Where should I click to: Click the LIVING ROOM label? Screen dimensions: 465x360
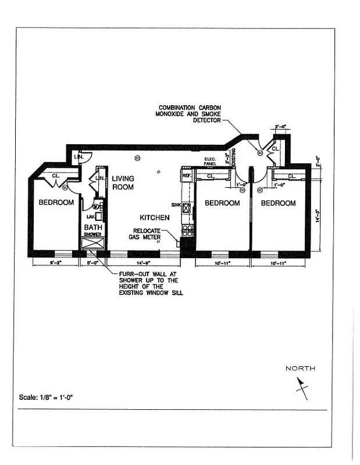pyautogui.click(x=123, y=183)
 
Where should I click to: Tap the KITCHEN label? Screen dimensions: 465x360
pyautogui.click(x=154, y=217)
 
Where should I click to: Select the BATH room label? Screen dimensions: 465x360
pyautogui.click(x=93, y=227)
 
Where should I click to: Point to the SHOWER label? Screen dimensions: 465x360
pyautogui.click(x=92, y=234)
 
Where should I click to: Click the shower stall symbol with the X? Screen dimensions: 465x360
pyautogui.click(x=92, y=243)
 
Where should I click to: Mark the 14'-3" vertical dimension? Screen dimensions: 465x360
pyautogui.click(x=317, y=217)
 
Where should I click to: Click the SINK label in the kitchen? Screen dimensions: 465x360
pyautogui.click(x=176, y=205)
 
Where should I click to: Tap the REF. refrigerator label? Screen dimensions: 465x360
pyautogui.click(x=187, y=175)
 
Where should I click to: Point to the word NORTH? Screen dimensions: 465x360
pyautogui.click(x=300, y=369)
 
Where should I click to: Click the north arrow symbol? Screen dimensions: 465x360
pyautogui.click(x=301, y=388)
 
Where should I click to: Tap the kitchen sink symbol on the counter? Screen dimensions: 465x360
pyautogui.click(x=187, y=207)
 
